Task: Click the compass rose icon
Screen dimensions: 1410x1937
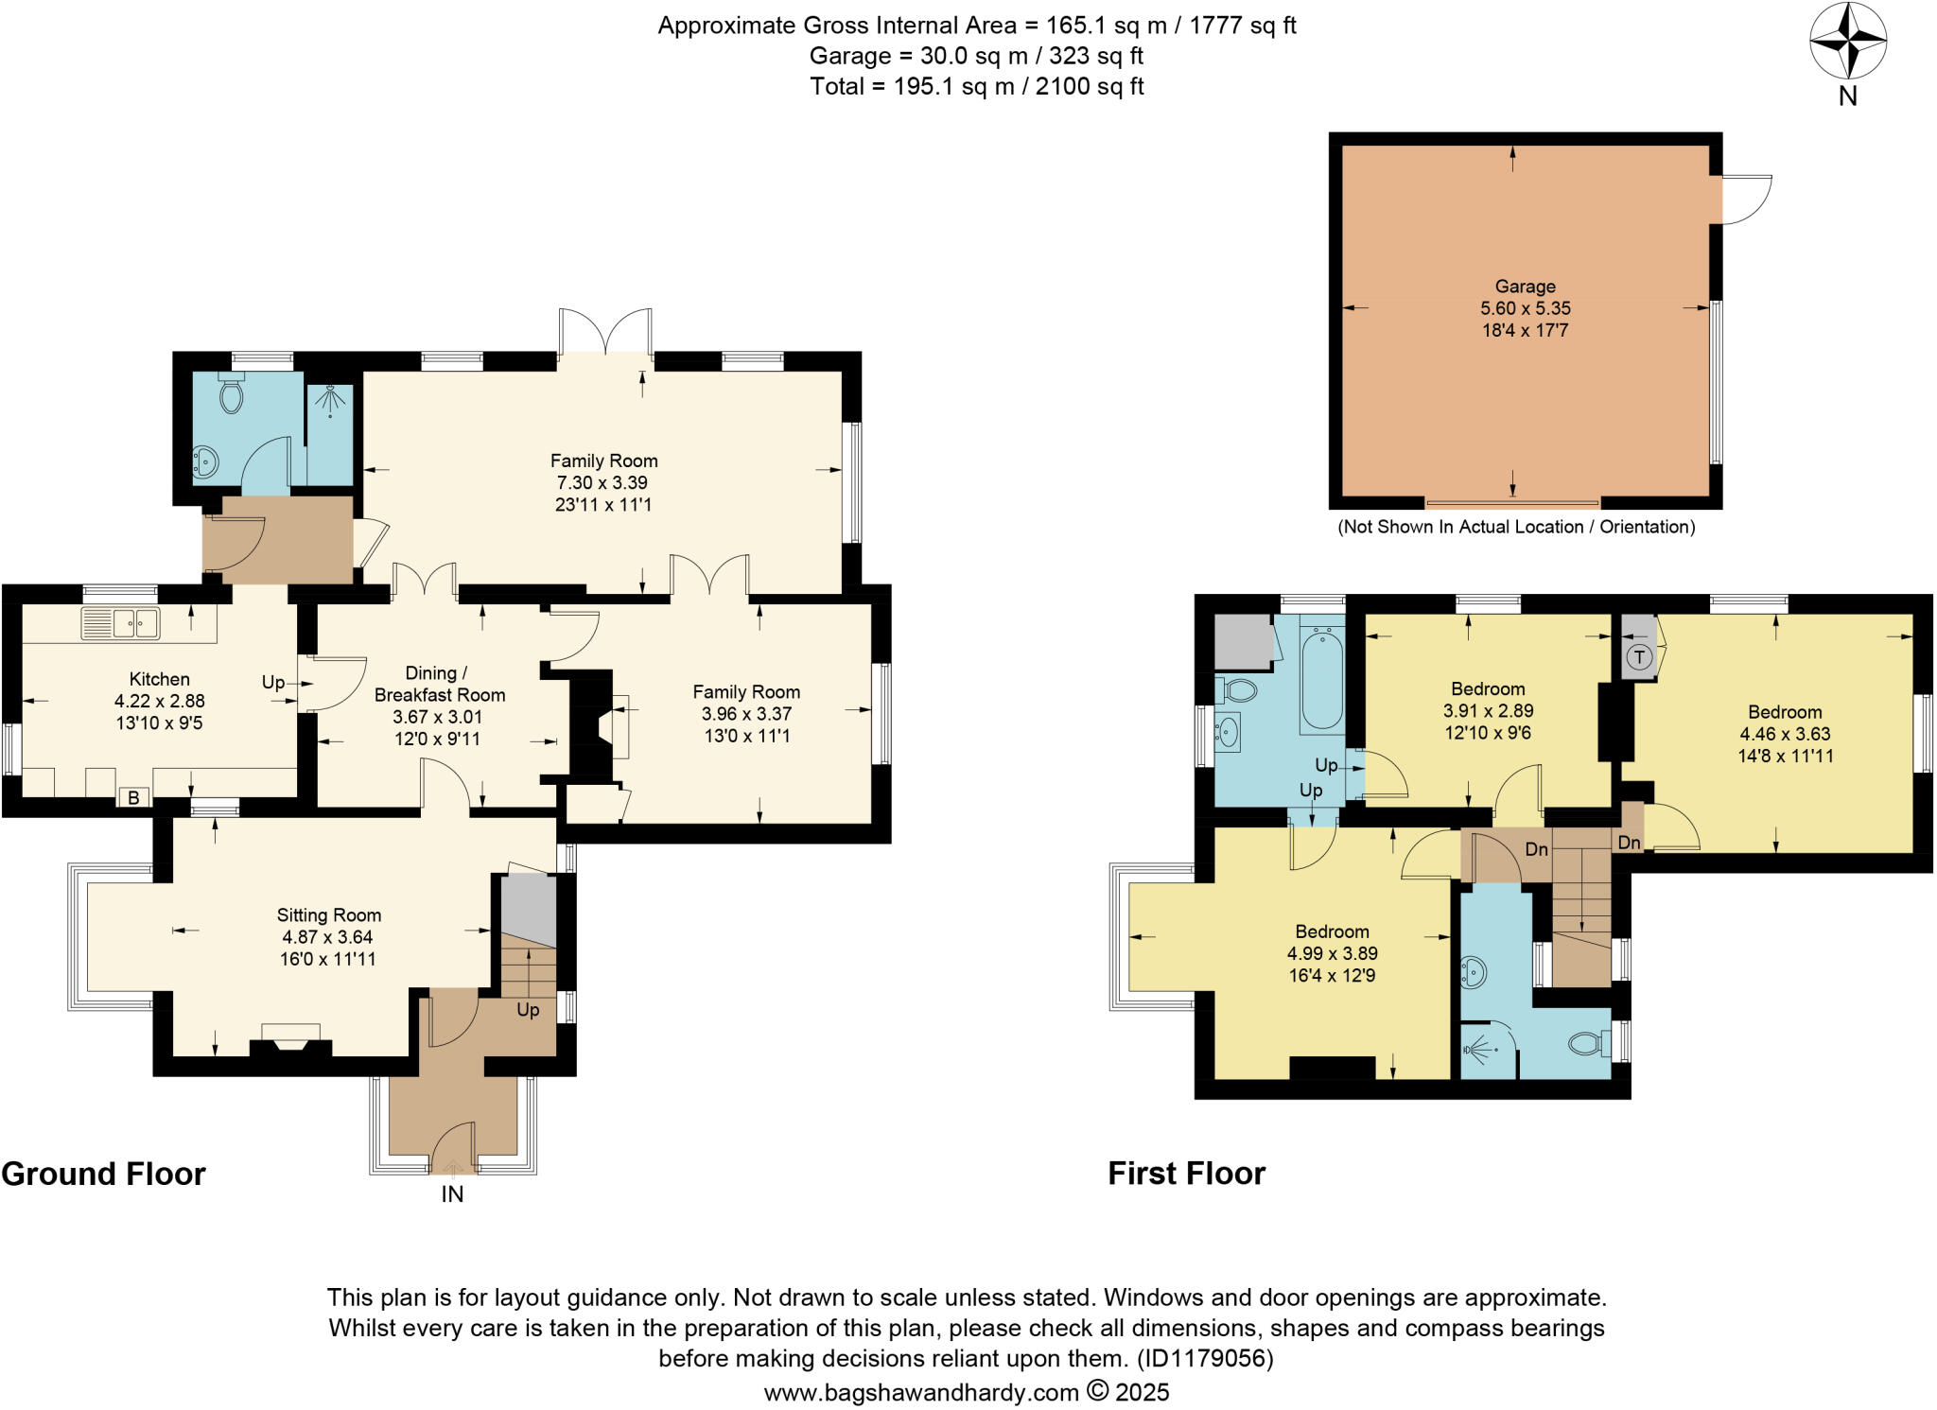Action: pyautogui.click(x=1847, y=42)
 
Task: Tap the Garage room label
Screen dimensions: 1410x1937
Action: pyautogui.click(x=1525, y=287)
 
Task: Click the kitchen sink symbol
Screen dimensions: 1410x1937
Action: pyautogui.click(x=120, y=623)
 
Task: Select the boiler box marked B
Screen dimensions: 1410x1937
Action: pyautogui.click(x=133, y=797)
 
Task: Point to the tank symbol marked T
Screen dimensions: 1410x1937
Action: pyautogui.click(x=1639, y=656)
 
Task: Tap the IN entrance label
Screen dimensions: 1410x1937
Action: pyautogui.click(x=452, y=1194)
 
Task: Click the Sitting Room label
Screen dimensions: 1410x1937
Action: pyautogui.click(x=328, y=914)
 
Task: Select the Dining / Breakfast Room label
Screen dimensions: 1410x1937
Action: pyautogui.click(x=439, y=684)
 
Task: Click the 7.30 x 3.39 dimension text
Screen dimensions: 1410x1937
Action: pyautogui.click(x=603, y=482)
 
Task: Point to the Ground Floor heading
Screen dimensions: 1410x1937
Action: pyautogui.click(x=103, y=1174)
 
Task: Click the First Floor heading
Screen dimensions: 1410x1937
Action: pyautogui.click(x=1186, y=1174)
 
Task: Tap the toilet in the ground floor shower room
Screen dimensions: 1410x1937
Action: pyautogui.click(x=230, y=394)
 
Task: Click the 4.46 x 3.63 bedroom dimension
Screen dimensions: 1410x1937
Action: pyautogui.click(x=1784, y=734)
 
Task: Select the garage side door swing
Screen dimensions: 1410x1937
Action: pyautogui.click(x=1745, y=200)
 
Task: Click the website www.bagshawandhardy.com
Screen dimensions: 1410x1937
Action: pyautogui.click(x=921, y=1392)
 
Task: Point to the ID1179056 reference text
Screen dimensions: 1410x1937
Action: pyautogui.click(x=1204, y=1359)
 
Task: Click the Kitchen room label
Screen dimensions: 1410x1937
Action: pyautogui.click(x=159, y=679)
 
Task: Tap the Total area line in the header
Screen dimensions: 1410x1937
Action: pyautogui.click(x=976, y=87)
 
